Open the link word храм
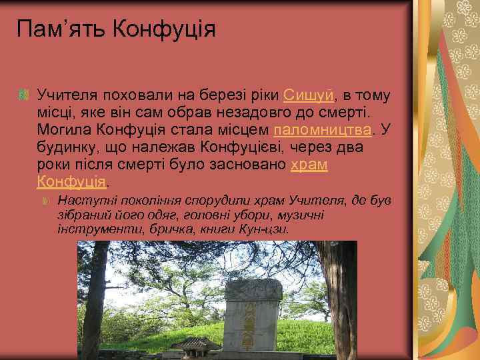click(x=309, y=164)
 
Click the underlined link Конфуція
click(x=71, y=181)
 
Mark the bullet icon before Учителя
click(x=24, y=96)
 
